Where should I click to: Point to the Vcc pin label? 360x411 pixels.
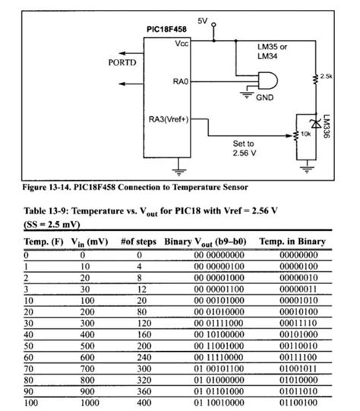pyautogui.click(x=182, y=44)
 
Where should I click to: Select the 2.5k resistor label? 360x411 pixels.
pyautogui.click(x=327, y=77)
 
